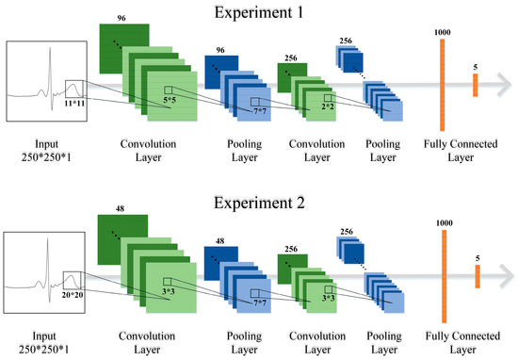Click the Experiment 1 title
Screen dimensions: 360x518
click(x=258, y=12)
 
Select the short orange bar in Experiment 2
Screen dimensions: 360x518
click(x=477, y=276)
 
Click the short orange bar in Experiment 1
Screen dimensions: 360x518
click(x=477, y=85)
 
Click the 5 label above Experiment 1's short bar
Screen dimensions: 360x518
click(x=477, y=66)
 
